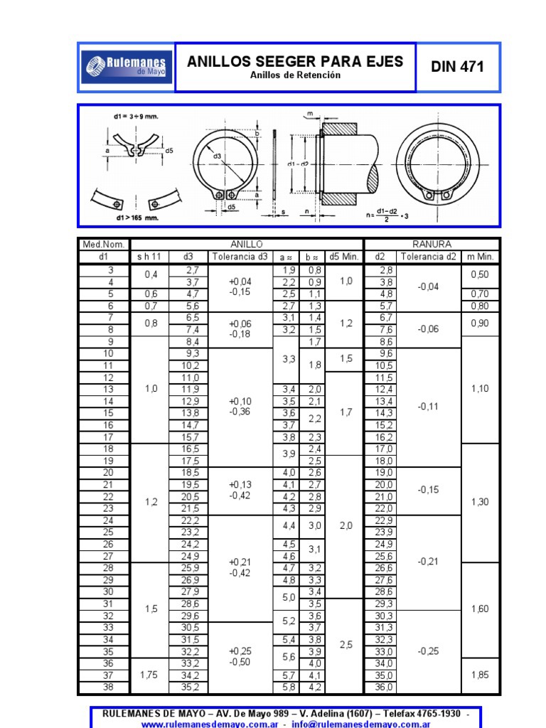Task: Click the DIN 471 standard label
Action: (x=458, y=67)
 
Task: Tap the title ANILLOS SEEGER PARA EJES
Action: (x=295, y=62)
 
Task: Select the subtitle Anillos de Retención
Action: (x=295, y=75)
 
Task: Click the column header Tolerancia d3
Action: (x=241, y=257)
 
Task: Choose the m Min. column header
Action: (x=481, y=257)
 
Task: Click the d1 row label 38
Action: (x=109, y=687)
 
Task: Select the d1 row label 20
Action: (x=109, y=472)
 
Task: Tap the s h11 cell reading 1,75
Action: (x=149, y=675)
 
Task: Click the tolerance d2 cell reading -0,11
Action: (x=428, y=407)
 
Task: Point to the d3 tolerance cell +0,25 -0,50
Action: (x=240, y=656)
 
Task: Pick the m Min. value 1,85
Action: (x=481, y=675)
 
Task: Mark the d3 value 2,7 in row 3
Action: (x=193, y=269)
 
